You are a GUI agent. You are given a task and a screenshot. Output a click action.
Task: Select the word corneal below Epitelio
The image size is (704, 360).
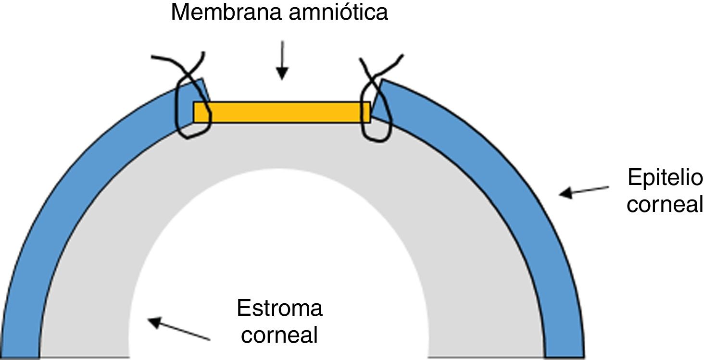tap(665, 205)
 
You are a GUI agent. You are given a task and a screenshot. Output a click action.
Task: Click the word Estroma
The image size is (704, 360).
tap(279, 308)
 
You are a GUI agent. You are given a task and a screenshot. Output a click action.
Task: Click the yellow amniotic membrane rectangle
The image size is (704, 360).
tap(281, 112)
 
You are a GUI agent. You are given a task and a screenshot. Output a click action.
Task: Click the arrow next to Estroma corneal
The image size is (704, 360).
tap(179, 329)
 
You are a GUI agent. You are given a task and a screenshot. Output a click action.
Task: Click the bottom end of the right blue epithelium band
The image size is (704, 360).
tap(565, 353)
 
